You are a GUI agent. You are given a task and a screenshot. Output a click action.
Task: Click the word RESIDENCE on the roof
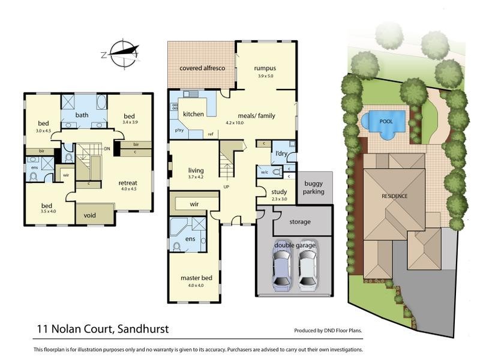[x=395, y=196]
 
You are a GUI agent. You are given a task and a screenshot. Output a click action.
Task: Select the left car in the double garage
[x=281, y=266]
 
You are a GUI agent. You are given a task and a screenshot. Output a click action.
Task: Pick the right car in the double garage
[x=307, y=266]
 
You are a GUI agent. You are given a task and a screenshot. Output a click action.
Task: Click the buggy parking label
[x=314, y=188]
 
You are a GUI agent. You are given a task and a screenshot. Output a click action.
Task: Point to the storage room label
[x=300, y=222]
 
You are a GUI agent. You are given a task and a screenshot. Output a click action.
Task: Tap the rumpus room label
[x=265, y=68]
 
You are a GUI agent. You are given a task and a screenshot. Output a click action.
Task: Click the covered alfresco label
[x=202, y=68]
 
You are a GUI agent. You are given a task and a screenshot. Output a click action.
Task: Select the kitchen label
[x=194, y=114]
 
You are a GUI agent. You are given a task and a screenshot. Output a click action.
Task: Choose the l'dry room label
[x=282, y=155]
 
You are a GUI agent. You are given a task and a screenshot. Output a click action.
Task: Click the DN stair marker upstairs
[x=107, y=148]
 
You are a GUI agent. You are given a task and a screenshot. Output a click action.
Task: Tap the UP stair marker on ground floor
[x=226, y=187]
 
